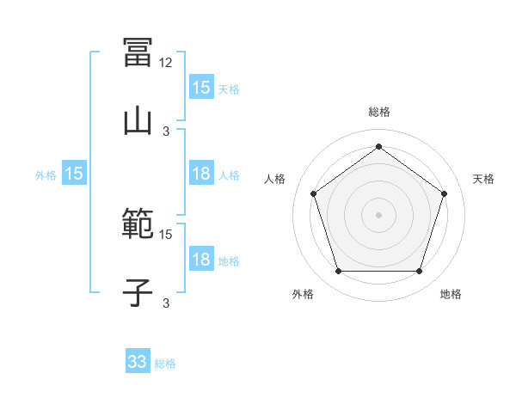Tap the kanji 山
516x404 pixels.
point(138,119)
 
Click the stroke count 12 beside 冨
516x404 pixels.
point(167,63)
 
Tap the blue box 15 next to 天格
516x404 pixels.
point(201,88)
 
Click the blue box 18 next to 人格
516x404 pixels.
point(201,174)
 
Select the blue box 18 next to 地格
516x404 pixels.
point(201,260)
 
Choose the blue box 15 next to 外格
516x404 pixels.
point(74,174)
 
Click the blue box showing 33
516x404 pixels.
point(138,363)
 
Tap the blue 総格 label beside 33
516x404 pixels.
point(165,364)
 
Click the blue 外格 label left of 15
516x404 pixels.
point(46,175)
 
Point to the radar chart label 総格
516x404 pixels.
point(378,112)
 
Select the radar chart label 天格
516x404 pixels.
point(483,179)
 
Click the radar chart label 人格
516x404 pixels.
point(274,179)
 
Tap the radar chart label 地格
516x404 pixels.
point(451,294)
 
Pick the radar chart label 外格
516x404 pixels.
point(303,294)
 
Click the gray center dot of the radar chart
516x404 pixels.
point(378,214)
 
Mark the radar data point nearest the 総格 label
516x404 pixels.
point(378,146)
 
